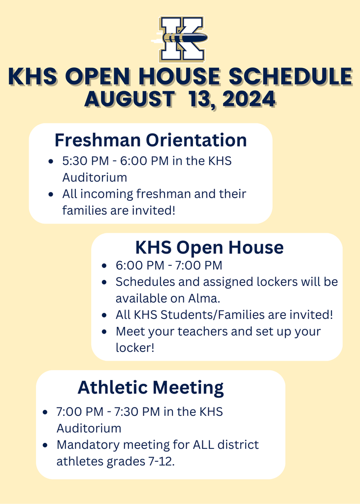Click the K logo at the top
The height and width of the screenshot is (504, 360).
pyautogui.click(x=180, y=38)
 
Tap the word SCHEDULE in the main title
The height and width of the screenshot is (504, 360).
pyautogui.click(x=292, y=77)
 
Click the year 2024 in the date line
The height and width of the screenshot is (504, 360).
pyautogui.click(x=248, y=98)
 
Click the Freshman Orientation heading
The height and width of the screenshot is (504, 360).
pyautogui.click(x=151, y=140)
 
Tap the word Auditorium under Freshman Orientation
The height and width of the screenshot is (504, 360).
pyautogui.click(x=95, y=177)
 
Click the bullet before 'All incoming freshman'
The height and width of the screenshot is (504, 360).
pyautogui.click(x=51, y=194)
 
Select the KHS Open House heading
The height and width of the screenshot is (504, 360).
pyautogui.click(x=209, y=247)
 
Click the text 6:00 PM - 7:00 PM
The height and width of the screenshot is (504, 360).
pyautogui.click(x=169, y=266)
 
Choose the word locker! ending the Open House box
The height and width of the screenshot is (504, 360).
pyautogui.click(x=135, y=347)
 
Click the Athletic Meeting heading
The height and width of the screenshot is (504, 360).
pyautogui.click(x=151, y=387)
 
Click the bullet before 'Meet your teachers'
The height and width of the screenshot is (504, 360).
pyautogui.click(x=104, y=332)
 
